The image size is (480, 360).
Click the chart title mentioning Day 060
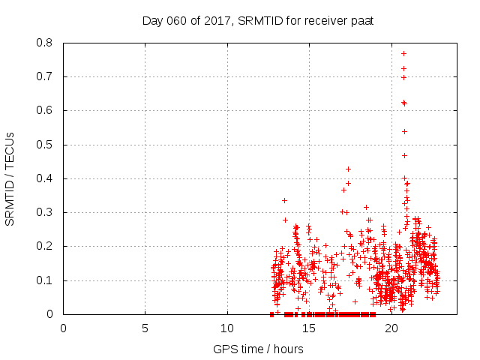pyautogui.click(x=258, y=20)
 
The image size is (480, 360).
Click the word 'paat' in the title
pyautogui.click(x=362, y=20)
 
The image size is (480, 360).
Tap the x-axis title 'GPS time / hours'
pyautogui.click(x=258, y=349)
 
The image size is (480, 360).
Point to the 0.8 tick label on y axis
pyautogui.click(x=46, y=43)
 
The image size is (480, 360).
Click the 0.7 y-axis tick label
pyautogui.click(x=46, y=76)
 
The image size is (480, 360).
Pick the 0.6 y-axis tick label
pyautogui.click(x=46, y=110)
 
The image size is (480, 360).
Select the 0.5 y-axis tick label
pyautogui.click(x=46, y=145)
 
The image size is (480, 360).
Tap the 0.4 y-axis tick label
pyautogui.click(x=46, y=178)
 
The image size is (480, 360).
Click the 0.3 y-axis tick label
pyautogui.click(x=46, y=212)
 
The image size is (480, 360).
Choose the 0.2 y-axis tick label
pyautogui.click(x=46, y=246)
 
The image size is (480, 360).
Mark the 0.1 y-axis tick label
pyautogui.click(x=46, y=280)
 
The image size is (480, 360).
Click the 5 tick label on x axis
pyautogui.click(x=145, y=328)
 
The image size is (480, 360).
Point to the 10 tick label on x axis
pyautogui.click(x=226, y=328)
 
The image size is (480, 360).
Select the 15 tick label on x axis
pyautogui.click(x=309, y=328)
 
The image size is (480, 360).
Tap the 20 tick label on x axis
pyautogui.click(x=391, y=328)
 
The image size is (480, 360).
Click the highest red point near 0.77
pyautogui.click(x=403, y=53)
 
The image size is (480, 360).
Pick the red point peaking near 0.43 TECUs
pyautogui.click(x=348, y=169)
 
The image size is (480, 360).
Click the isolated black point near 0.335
pyautogui.click(x=284, y=200)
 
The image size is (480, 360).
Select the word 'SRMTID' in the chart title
pyautogui.click(x=261, y=20)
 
